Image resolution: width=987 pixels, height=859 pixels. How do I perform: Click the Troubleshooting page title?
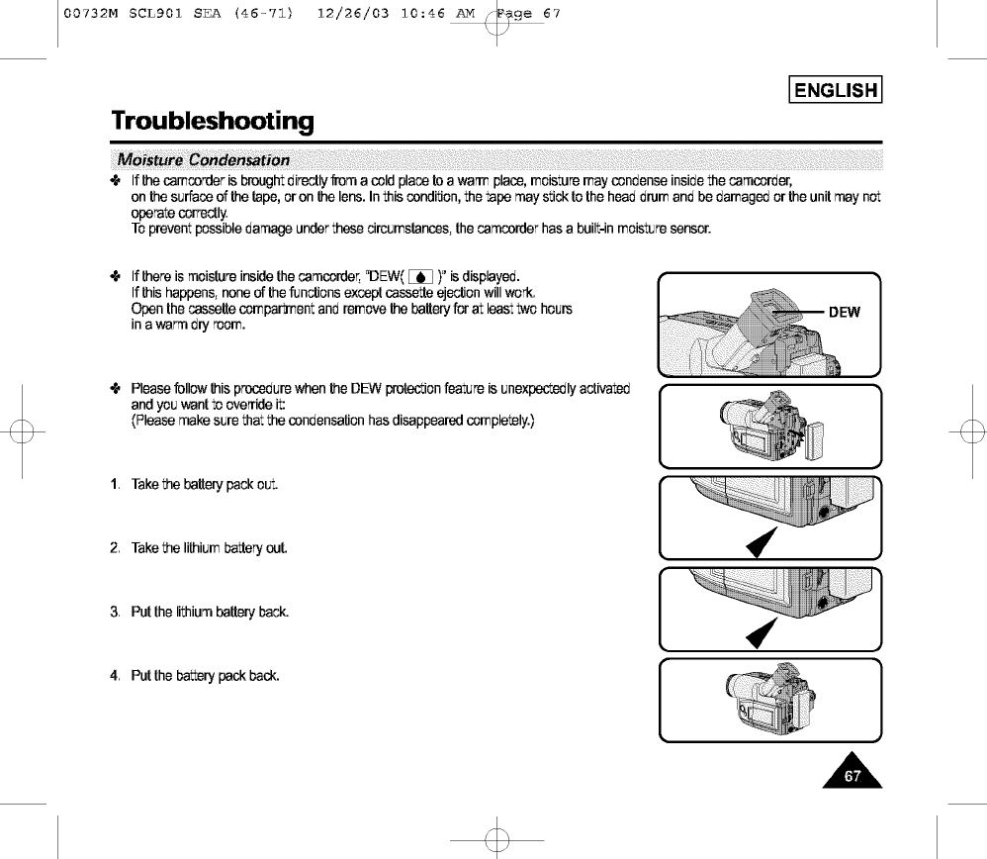coord(213,122)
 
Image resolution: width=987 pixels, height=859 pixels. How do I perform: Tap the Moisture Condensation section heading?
coord(204,160)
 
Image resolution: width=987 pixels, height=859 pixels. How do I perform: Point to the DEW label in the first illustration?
coord(844,313)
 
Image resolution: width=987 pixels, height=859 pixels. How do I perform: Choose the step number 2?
coord(116,548)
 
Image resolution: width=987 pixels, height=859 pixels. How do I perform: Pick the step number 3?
coord(116,613)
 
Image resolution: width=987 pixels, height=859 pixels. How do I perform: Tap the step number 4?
coord(116,677)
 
